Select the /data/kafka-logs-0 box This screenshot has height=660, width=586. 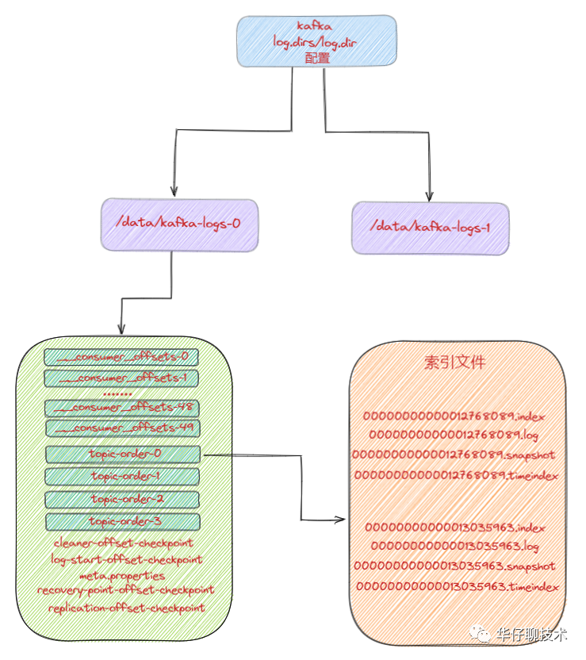point(179,224)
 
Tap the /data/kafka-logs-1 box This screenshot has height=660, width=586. point(430,227)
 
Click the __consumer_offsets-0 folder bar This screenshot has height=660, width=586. point(122,356)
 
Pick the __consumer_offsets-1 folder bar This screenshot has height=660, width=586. point(122,378)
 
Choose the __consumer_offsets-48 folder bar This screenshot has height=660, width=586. point(122,408)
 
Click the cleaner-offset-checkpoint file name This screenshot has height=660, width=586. point(124,543)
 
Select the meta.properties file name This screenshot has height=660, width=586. point(124,575)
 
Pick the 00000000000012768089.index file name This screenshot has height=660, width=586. point(454,416)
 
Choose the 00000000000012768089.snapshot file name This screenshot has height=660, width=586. point(454,455)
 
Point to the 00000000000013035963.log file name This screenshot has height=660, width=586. point(455,547)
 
